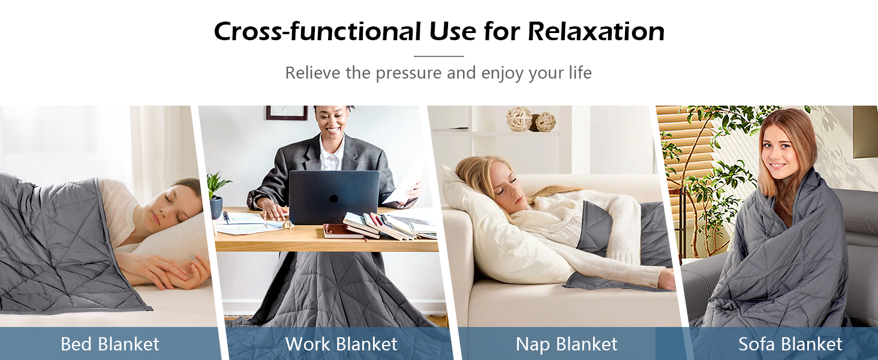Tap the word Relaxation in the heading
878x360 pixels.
tap(596, 31)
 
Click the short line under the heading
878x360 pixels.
tap(439, 56)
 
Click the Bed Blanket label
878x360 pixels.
tap(110, 344)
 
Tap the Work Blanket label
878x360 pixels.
tap(341, 344)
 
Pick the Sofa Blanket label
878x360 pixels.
tap(790, 344)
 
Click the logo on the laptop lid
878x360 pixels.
tap(333, 199)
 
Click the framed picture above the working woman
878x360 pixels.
tap(287, 112)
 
